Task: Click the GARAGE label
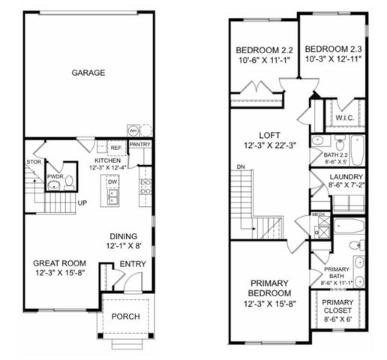88,73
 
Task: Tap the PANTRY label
140,144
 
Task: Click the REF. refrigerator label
116,148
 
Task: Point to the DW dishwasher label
112,181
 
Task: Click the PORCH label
125,316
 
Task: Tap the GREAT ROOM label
59,263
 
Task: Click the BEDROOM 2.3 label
334,45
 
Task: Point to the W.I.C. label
345,117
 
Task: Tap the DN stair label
240,166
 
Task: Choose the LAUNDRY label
346,178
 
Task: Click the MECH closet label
317,214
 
